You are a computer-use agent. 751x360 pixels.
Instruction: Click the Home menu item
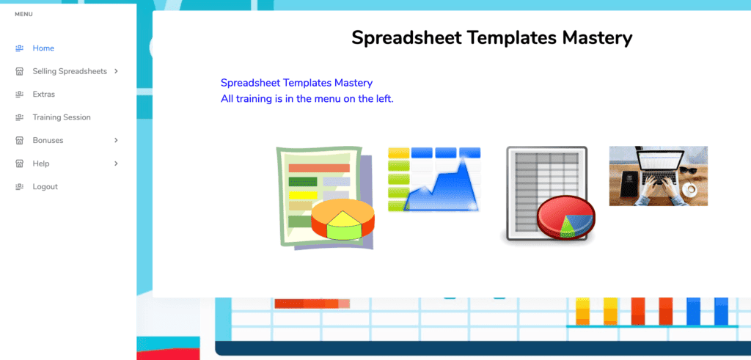43,48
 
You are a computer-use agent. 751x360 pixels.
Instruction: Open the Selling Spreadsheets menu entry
69,71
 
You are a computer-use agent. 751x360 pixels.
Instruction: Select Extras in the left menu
43,95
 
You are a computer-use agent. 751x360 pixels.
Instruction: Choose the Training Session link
61,117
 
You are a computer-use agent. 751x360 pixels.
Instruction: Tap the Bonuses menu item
48,140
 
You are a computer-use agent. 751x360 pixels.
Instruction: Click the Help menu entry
40,164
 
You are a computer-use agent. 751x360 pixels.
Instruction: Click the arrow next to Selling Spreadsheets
116,71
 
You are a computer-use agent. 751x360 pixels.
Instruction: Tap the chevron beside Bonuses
116,140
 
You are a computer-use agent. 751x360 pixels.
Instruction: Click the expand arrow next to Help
116,164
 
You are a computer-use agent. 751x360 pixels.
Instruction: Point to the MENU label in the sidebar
23,14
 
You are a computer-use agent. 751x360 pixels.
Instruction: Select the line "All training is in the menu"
307,98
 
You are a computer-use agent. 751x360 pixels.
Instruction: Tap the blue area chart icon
434,180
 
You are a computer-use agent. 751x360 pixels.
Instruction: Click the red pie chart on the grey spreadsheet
565,217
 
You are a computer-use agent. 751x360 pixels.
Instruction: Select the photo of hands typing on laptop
658,176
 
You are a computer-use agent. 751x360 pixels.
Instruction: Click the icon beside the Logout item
20,187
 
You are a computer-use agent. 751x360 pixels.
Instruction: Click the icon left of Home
20,48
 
